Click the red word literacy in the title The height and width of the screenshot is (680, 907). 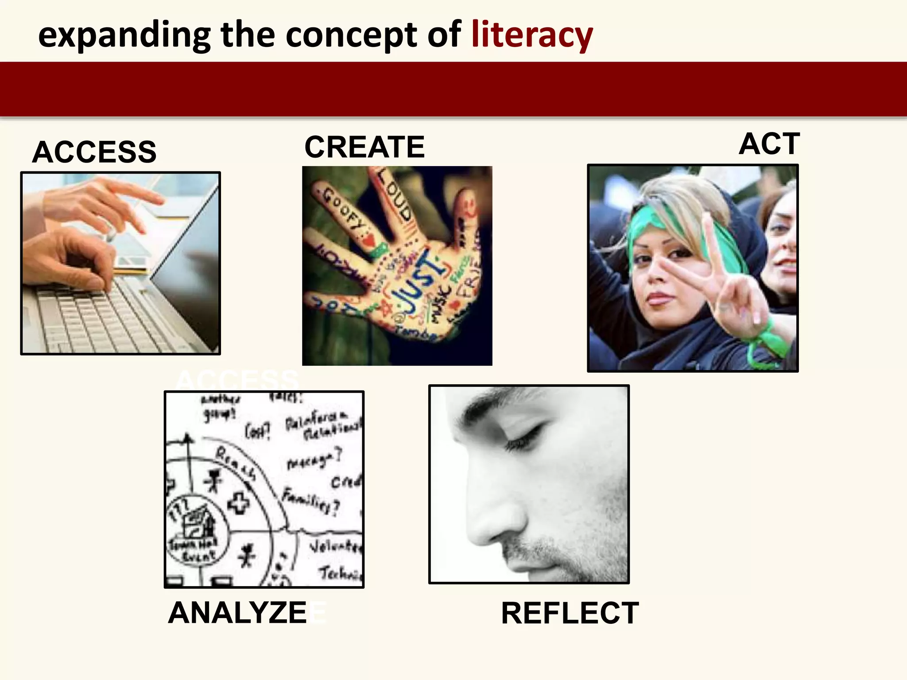(532, 35)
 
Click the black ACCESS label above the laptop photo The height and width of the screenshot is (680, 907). (94, 152)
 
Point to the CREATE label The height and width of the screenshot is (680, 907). (364, 147)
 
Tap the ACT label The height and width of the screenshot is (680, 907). (769, 143)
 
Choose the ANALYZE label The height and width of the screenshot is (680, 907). (237, 613)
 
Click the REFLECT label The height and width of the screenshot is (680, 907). (570, 613)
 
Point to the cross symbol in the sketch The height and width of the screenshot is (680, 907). (238, 504)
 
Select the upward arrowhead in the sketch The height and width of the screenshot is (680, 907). (187, 438)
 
